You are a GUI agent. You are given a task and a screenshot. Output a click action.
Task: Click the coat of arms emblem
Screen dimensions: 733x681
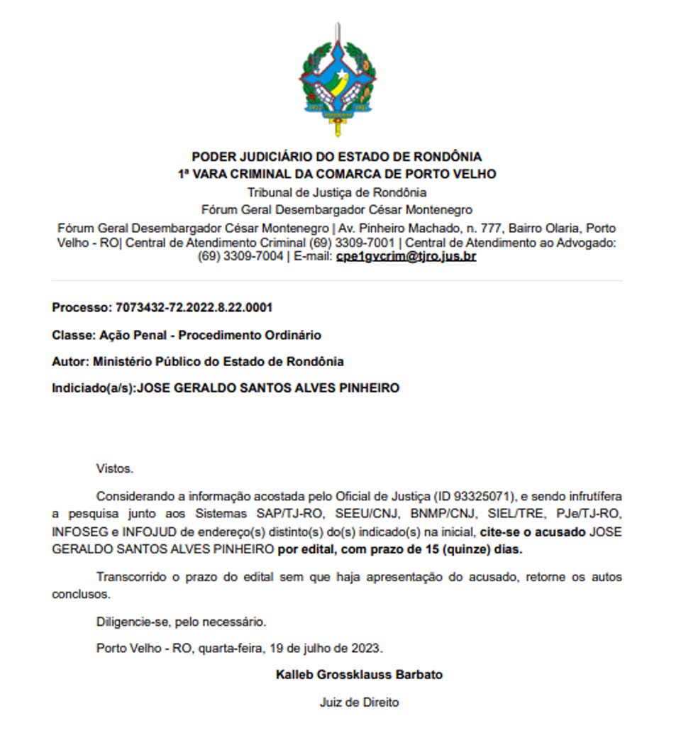click(338, 79)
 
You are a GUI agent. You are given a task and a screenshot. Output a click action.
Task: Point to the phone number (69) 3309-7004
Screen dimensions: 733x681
click(240, 256)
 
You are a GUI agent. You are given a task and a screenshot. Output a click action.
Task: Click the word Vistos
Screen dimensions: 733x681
click(114, 468)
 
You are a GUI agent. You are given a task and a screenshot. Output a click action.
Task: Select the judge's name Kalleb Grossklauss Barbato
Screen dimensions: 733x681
click(359, 674)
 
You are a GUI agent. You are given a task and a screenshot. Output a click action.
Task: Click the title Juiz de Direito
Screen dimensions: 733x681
click(359, 702)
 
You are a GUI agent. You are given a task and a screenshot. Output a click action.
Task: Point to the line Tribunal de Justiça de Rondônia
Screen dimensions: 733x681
click(337, 192)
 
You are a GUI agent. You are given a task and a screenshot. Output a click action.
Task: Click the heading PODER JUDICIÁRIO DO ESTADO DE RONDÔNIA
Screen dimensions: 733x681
click(337, 157)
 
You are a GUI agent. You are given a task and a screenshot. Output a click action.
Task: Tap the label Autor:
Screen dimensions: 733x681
click(70, 361)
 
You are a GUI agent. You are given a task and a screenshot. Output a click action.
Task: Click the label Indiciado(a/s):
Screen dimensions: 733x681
click(93, 388)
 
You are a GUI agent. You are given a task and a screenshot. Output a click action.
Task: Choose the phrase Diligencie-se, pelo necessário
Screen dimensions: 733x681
click(181, 622)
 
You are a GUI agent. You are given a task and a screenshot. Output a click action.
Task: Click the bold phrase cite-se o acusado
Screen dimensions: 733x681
click(533, 531)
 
